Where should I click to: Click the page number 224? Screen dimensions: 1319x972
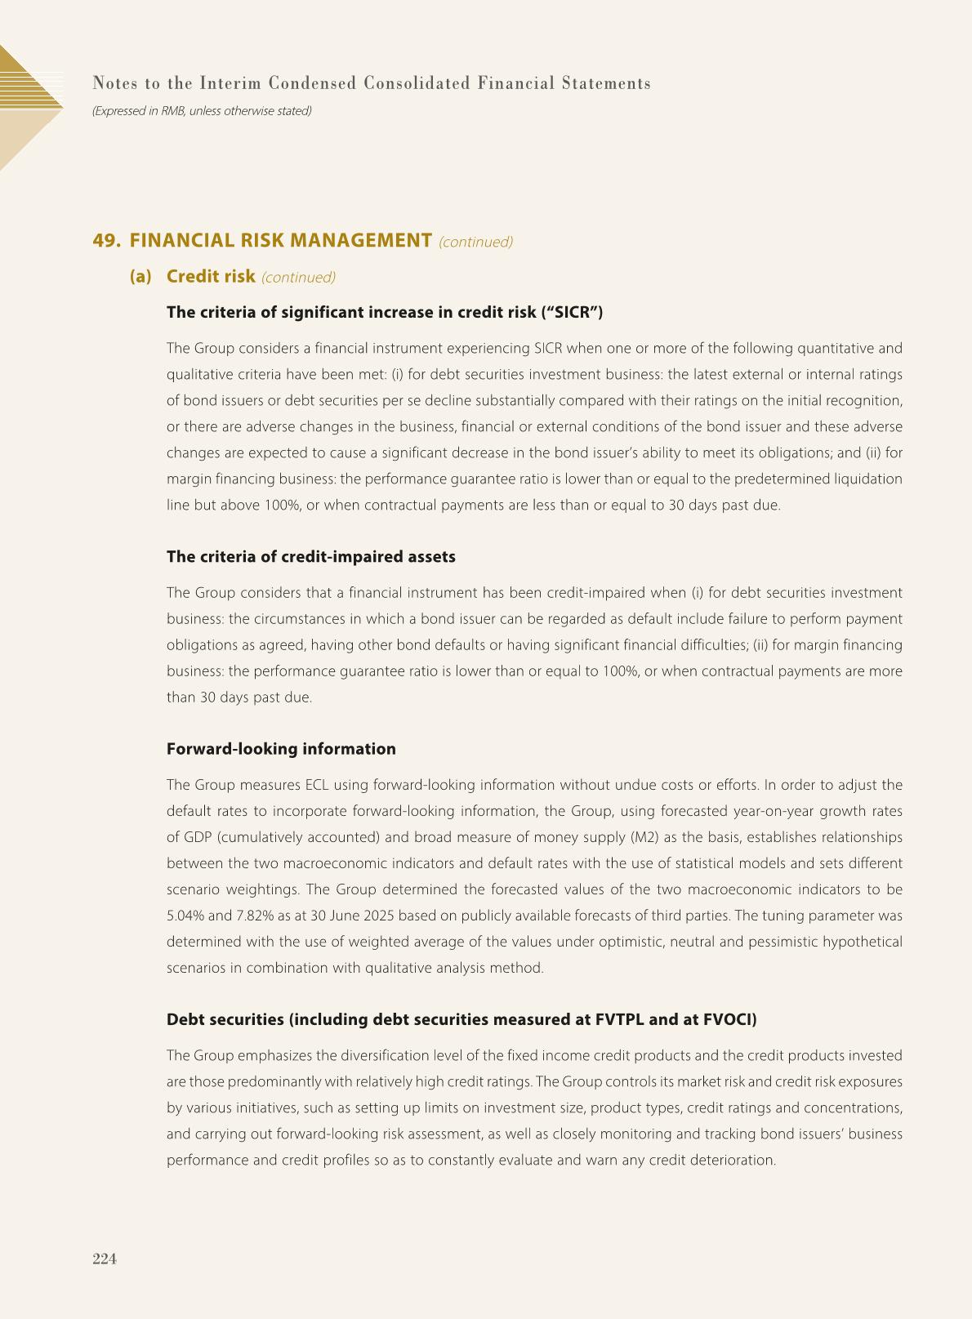click(x=105, y=1259)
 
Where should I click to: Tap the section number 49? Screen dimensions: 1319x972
click(x=107, y=240)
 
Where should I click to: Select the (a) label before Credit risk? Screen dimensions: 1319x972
click(x=140, y=276)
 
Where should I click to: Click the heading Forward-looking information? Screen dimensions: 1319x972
click(x=281, y=749)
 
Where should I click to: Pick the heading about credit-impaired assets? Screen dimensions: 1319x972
click(x=310, y=556)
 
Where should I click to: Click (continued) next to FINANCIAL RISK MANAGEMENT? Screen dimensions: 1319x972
click(x=475, y=242)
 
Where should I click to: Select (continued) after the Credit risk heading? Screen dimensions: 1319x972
click(x=298, y=278)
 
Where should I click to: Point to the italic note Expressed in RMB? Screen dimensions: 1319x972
click(x=202, y=110)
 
